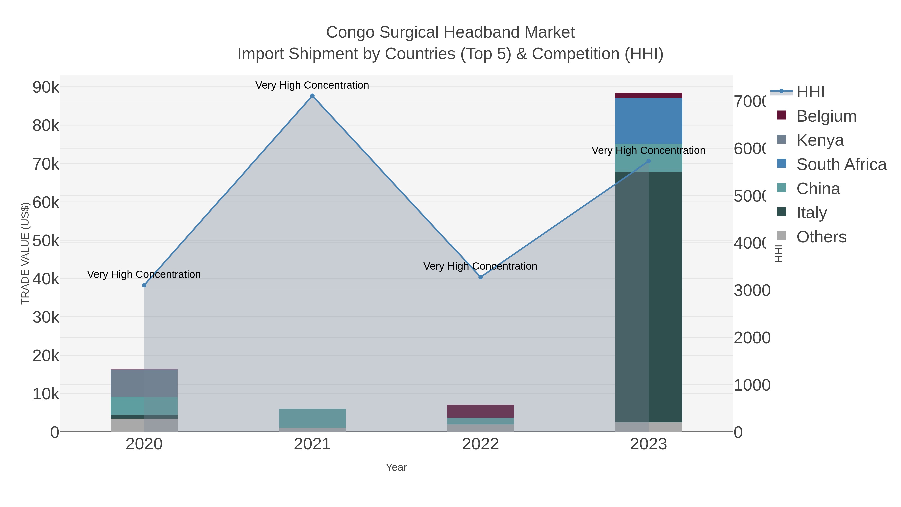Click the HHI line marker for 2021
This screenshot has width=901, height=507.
pyautogui.click(x=312, y=96)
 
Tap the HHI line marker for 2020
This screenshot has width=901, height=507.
pyautogui.click(x=144, y=285)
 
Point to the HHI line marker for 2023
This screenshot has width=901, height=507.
pyautogui.click(x=648, y=161)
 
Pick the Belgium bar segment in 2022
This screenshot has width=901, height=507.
pyautogui.click(x=480, y=411)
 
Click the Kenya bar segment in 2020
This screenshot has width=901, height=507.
pyautogui.click(x=144, y=383)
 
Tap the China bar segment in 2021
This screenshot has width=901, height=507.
pyautogui.click(x=312, y=418)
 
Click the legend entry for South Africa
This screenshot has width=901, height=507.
pyautogui.click(x=841, y=164)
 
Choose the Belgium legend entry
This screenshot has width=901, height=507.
pyautogui.click(x=826, y=116)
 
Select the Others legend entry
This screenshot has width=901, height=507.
pyautogui.click(x=821, y=237)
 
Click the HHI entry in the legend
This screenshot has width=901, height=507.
pyautogui.click(x=810, y=92)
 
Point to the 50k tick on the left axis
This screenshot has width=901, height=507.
pyautogui.click(x=46, y=241)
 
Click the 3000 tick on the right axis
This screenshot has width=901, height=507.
pyautogui.click(x=752, y=290)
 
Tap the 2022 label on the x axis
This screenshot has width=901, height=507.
pyautogui.click(x=480, y=444)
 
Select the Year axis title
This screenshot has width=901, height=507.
pyautogui.click(x=396, y=467)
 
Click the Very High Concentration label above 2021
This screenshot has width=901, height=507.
pyautogui.click(x=312, y=85)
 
